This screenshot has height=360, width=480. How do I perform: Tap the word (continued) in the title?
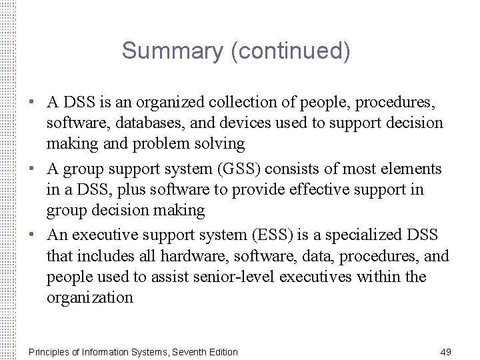pyautogui.click(x=290, y=51)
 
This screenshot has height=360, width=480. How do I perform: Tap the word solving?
pyautogui.click(x=220, y=143)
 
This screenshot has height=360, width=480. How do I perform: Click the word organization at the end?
pyautogui.click(x=90, y=297)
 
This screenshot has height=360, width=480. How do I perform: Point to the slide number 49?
pyautogui.click(x=446, y=351)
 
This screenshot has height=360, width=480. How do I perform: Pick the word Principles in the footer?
pyautogui.click(x=49, y=351)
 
